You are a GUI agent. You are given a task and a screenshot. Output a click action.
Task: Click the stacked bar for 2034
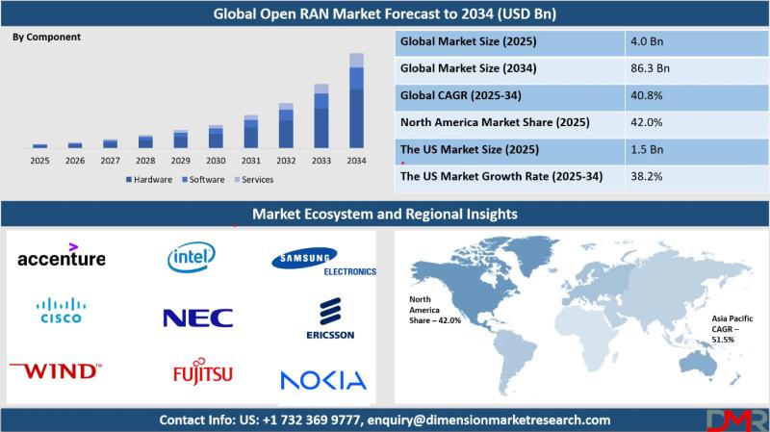tap(356, 101)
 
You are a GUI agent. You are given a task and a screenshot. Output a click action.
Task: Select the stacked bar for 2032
tap(286, 126)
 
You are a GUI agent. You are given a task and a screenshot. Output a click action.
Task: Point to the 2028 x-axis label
tap(145, 161)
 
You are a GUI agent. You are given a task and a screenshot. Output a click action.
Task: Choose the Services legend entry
tap(253, 180)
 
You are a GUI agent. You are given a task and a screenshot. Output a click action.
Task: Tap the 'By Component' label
tap(46, 37)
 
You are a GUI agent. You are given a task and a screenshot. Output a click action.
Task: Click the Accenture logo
tap(62, 257)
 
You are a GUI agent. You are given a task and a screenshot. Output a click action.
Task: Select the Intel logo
tap(191, 256)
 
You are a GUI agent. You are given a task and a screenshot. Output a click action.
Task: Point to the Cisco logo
tap(61, 311)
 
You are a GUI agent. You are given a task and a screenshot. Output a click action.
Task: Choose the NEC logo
tap(197, 318)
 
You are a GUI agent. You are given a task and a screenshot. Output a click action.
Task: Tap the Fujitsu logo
tap(202, 372)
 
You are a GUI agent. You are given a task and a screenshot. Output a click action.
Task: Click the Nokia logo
tap(323, 379)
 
